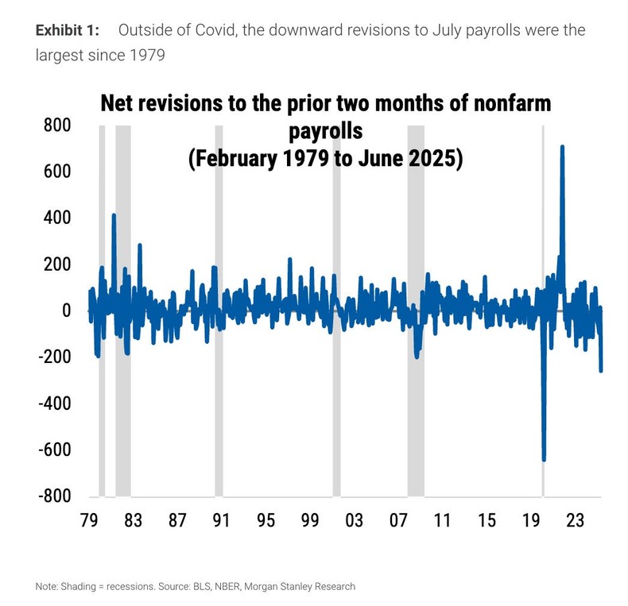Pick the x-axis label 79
click(x=89, y=521)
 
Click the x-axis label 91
click(x=221, y=521)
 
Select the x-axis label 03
click(x=354, y=521)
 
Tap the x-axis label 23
click(x=575, y=521)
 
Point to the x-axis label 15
click(x=487, y=521)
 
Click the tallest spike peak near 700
click(x=562, y=147)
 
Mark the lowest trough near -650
click(x=544, y=459)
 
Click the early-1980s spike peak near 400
click(x=114, y=215)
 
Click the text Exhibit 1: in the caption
click(x=68, y=31)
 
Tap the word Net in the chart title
click(x=117, y=105)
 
